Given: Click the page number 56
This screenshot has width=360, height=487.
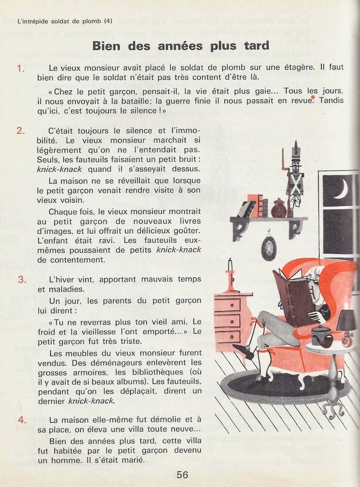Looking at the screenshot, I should (x=182, y=474).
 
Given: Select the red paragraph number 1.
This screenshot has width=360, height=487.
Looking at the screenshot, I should (x=21, y=68).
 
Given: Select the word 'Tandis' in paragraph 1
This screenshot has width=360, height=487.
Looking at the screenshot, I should (x=331, y=100).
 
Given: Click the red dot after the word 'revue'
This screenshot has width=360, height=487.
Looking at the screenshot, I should (x=313, y=97).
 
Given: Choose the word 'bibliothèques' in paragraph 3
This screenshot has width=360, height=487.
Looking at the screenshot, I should (x=157, y=372).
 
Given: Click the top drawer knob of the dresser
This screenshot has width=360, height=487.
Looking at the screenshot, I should (x=232, y=305).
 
